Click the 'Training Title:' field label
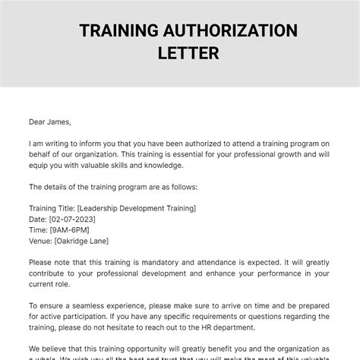pyautogui.click(x=51, y=208)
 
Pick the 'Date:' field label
pyautogui.click(x=36, y=219)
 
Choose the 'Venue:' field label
pyautogui.click(x=39, y=242)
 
